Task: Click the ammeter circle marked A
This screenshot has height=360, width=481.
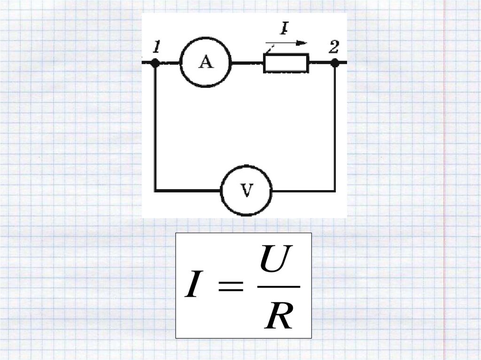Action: coord(206,62)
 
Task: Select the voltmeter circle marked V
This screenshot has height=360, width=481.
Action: coord(246,191)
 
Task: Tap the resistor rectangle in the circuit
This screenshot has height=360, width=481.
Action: coord(286,63)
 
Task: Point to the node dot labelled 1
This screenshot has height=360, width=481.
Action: coord(155,62)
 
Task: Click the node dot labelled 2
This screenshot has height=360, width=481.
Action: coord(334,62)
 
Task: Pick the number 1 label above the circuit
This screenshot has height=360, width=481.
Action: coord(157,47)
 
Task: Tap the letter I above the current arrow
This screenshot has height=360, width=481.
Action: coord(284,30)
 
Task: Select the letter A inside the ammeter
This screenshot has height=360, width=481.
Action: coord(206,62)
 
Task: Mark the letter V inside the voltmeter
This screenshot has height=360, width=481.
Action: coord(246,191)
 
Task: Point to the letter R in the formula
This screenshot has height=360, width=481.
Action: coord(279,316)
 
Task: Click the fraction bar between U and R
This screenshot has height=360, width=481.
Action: coord(279,287)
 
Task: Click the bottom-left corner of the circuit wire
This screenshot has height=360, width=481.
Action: coord(155,191)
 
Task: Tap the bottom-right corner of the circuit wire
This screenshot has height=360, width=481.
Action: coord(334,191)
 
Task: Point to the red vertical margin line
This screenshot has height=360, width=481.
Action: coord(444,188)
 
